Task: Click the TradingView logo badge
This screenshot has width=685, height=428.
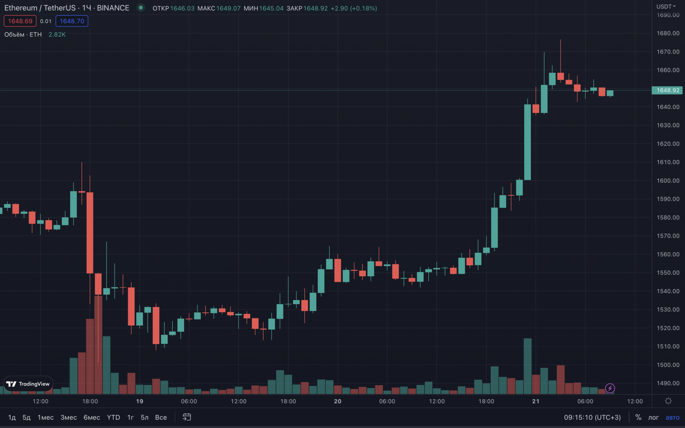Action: (x=28, y=384)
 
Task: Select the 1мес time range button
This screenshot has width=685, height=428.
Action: (x=45, y=417)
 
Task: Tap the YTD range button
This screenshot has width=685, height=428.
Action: (x=113, y=417)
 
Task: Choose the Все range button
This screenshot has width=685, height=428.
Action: (x=161, y=417)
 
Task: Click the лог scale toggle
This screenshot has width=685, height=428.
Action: (x=653, y=417)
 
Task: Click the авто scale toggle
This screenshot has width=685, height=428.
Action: (x=672, y=417)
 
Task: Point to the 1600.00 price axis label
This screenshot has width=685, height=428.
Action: (x=668, y=181)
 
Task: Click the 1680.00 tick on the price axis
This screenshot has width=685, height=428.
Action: (x=668, y=33)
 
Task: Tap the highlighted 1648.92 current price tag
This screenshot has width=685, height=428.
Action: (x=668, y=90)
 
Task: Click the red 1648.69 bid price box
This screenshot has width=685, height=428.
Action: (x=20, y=21)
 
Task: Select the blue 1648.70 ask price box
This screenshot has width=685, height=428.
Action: (x=72, y=21)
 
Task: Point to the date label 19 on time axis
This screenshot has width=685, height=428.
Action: (x=139, y=401)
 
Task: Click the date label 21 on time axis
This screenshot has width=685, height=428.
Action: (x=535, y=401)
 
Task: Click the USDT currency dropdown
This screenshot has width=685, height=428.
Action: (x=666, y=6)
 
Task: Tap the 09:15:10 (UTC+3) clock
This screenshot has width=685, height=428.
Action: (x=592, y=417)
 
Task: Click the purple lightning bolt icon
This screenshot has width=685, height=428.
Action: (x=610, y=388)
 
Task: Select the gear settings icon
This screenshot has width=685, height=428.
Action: (x=668, y=401)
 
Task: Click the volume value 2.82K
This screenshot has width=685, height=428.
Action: (x=57, y=34)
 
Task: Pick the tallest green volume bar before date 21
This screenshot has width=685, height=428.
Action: (x=527, y=366)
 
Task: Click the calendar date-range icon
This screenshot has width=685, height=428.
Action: (x=187, y=417)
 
